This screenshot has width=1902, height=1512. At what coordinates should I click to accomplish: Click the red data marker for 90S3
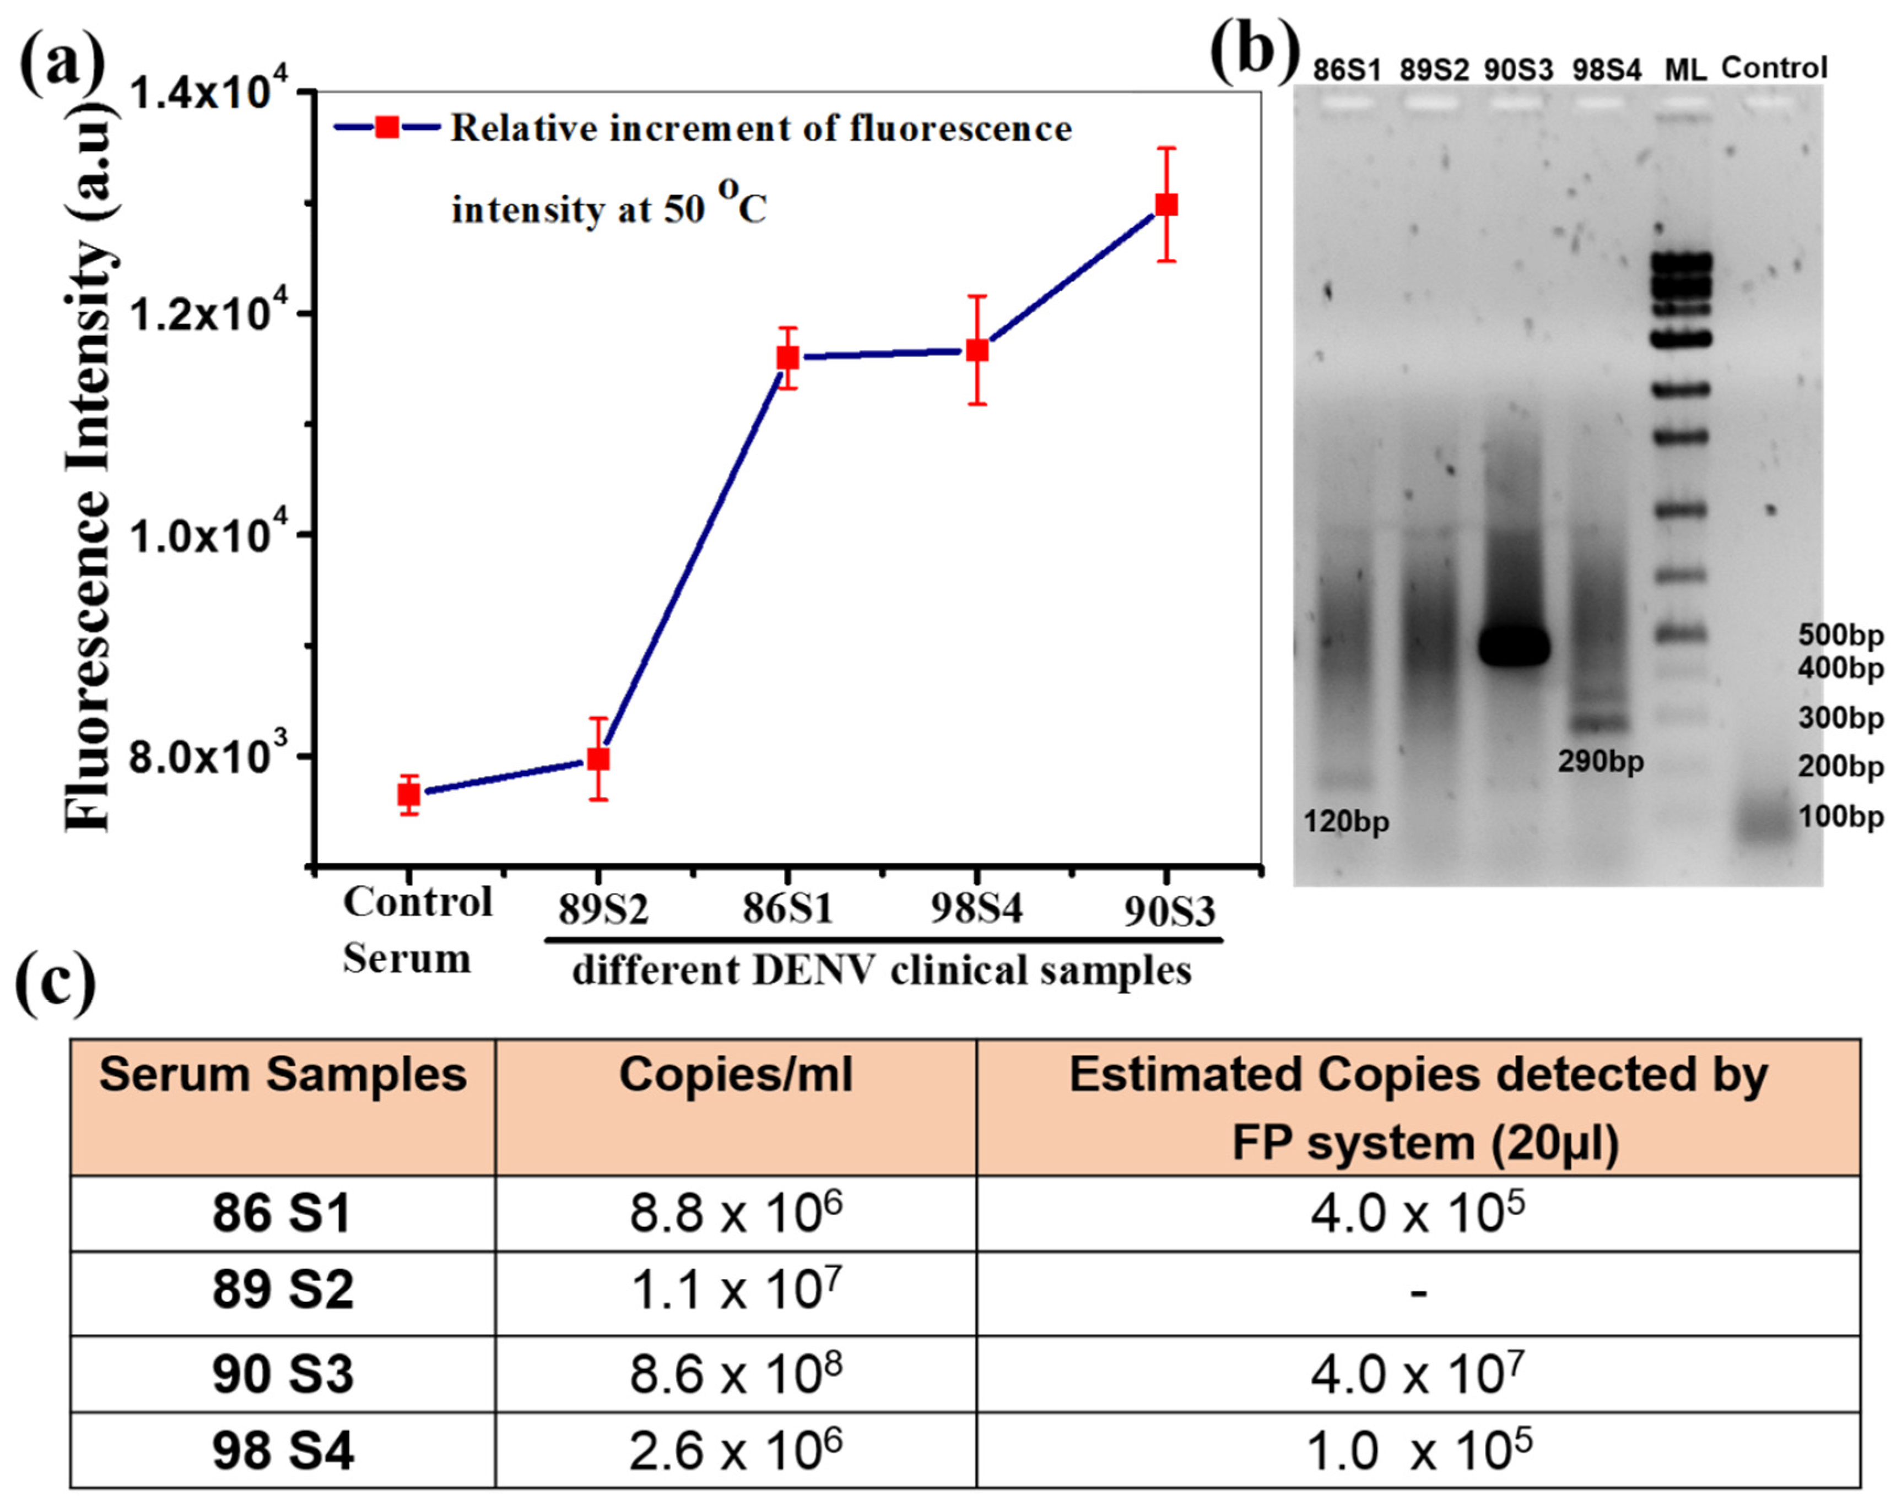[1166, 205]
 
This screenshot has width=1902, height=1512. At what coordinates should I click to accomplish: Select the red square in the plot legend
[386, 127]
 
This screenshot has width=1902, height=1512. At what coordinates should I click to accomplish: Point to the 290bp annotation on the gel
[1600, 761]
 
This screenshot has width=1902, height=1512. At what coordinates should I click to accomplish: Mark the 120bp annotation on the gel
[1346, 822]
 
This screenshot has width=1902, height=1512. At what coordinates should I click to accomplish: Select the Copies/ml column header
[736, 1075]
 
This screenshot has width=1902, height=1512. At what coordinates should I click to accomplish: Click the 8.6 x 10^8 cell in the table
[736, 1374]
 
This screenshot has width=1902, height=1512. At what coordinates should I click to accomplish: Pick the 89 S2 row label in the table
[282, 1289]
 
